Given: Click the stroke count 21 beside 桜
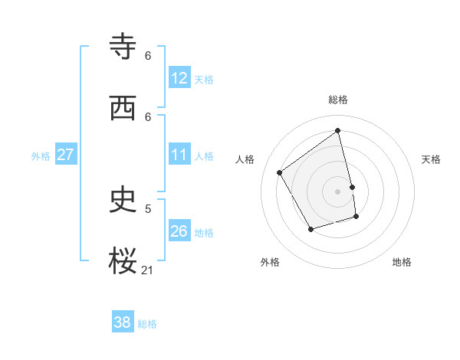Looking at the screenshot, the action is tap(148, 270).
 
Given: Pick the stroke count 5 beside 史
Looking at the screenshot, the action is tap(148, 208).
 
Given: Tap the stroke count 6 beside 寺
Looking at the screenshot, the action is tap(148, 55).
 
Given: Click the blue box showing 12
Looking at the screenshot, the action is tap(179, 78).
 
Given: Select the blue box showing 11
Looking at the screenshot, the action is tap(179, 155).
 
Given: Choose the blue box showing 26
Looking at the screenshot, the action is tap(179, 231).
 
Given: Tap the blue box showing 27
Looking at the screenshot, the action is tap(65, 155).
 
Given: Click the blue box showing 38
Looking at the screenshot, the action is tap(123, 322).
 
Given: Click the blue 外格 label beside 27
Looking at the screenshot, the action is tap(41, 156).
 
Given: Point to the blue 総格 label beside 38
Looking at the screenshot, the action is tap(147, 324).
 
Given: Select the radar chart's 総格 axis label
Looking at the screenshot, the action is tap(338, 100).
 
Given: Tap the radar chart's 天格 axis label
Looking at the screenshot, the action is tap(432, 159).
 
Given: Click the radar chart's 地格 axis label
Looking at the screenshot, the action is tap(402, 262).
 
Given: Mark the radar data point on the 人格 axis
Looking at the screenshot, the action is tap(280, 172).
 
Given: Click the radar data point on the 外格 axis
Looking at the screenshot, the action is tap(310, 229).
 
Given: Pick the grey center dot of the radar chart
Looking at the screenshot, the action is tap(338, 191).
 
